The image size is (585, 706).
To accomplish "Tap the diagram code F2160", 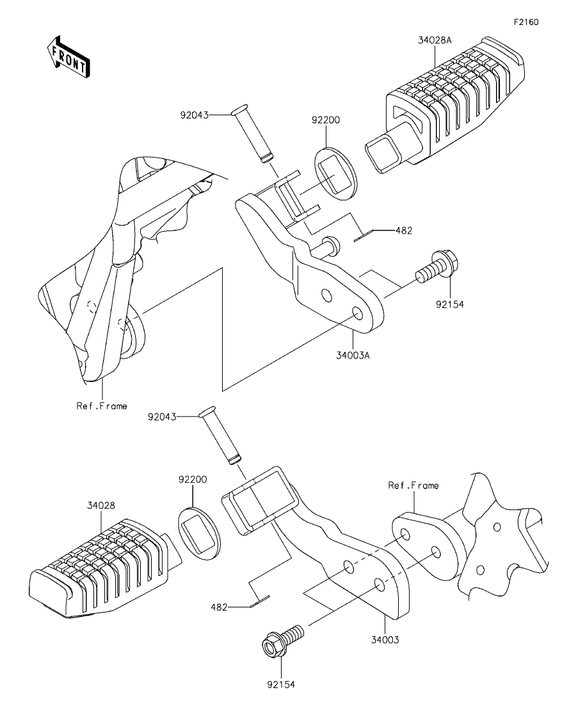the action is coord(525,22).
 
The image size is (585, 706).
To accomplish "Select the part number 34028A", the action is coord(435,40).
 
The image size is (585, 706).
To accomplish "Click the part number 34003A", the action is coord(353,355).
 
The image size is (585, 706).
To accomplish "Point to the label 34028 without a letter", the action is coord(101,506).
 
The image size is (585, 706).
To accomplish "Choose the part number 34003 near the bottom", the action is coord(385,640).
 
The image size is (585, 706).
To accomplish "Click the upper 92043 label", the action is coord(195,115).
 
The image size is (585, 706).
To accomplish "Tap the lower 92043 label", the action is coord(162,417).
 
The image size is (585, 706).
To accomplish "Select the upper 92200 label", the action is coord(326,120).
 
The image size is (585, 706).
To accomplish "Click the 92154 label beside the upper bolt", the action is coord(449,305).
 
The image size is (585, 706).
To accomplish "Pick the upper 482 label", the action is coord(404,230).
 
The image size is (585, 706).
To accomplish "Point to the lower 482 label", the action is coord(219,607).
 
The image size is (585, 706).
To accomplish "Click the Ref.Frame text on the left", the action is coord(102,406).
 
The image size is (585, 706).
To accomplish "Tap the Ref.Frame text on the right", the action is coord(413,485).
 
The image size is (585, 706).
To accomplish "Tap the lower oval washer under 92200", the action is coord(199,534).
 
